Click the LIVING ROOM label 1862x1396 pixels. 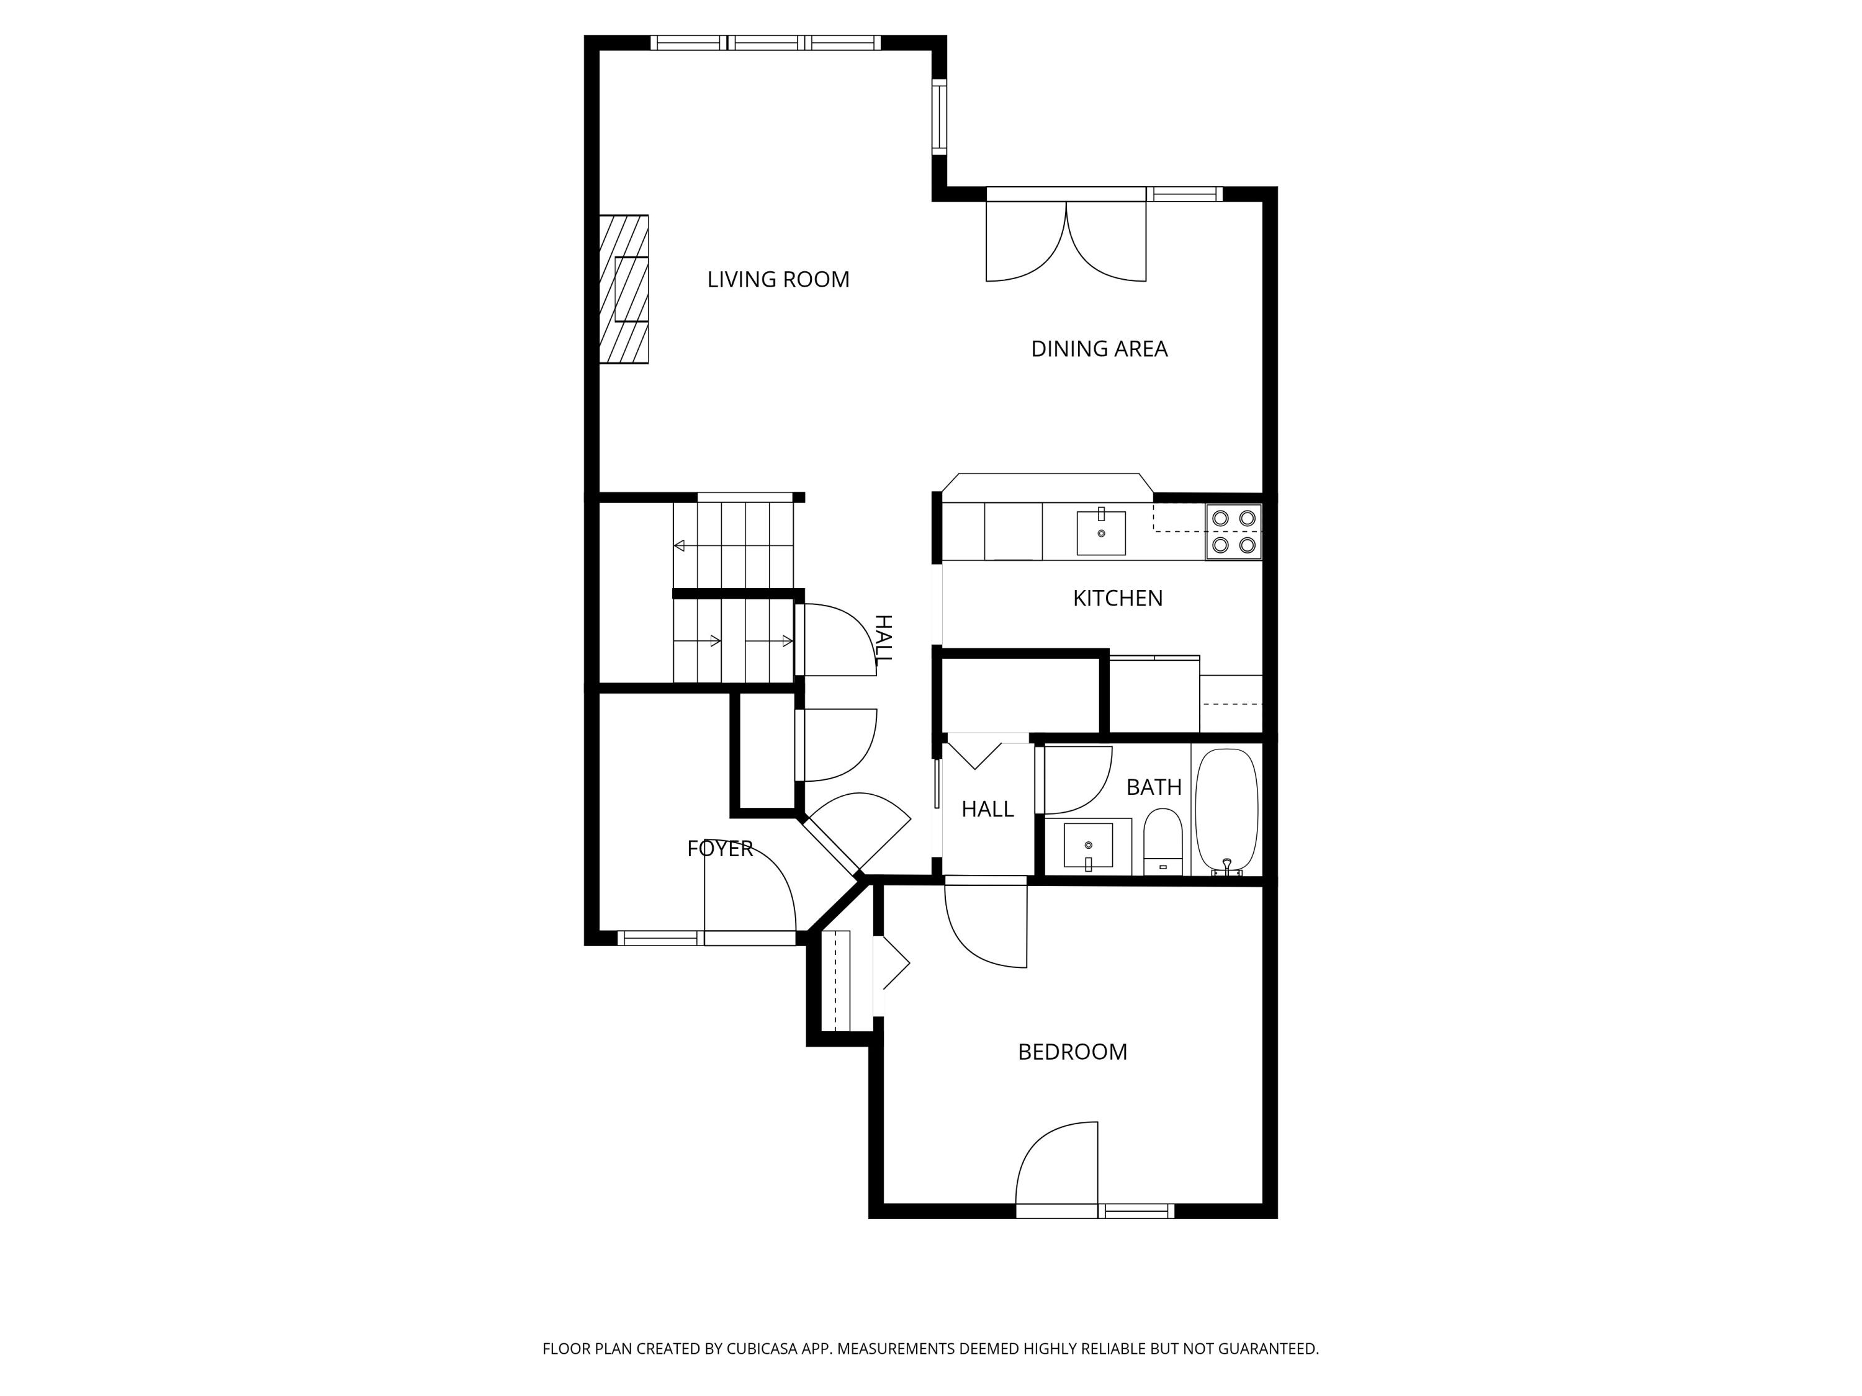coord(778,279)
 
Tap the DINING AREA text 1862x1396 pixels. coord(1099,348)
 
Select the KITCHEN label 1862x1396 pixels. coord(1117,598)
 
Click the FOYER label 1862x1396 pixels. coord(720,849)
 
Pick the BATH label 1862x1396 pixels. coord(1153,787)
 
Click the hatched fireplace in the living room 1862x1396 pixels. coord(624,290)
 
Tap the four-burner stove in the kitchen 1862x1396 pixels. coord(1233,532)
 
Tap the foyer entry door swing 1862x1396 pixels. coord(749,892)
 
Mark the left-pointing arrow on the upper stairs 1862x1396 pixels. coord(679,546)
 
